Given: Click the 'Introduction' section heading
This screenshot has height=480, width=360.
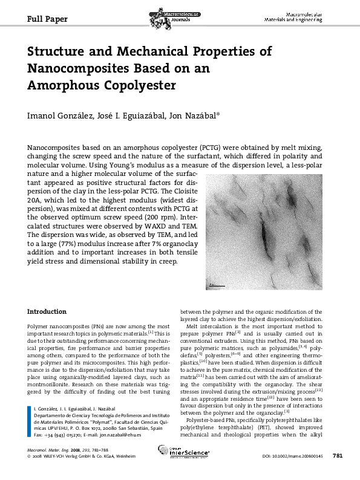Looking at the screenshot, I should click(x=47, y=311).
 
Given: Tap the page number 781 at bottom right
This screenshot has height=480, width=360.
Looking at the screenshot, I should click(x=338, y=472).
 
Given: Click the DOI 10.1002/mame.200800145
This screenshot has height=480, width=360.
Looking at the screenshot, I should click(x=293, y=473).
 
